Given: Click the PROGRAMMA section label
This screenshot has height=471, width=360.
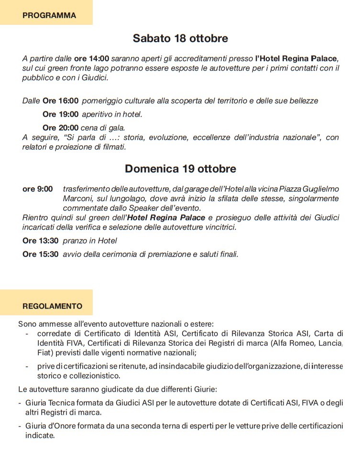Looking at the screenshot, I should click(49, 15).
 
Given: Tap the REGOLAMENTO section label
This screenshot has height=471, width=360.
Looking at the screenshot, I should click(53, 306).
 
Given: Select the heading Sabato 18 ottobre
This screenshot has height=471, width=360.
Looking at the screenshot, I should click(180, 38).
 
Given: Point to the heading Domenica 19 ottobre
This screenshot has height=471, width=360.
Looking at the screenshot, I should click(180, 169).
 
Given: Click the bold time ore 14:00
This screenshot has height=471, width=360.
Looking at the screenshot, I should click(92, 59).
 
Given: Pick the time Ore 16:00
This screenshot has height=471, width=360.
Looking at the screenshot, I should click(60, 101).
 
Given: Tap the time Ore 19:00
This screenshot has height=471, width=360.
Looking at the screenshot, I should click(60, 114).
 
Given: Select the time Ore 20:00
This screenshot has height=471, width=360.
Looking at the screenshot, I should click(60, 128).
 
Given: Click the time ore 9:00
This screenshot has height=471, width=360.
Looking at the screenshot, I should click(38, 189).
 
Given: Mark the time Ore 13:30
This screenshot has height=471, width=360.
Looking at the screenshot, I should click(41, 241).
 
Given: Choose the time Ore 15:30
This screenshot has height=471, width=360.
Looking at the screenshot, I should click(41, 254).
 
